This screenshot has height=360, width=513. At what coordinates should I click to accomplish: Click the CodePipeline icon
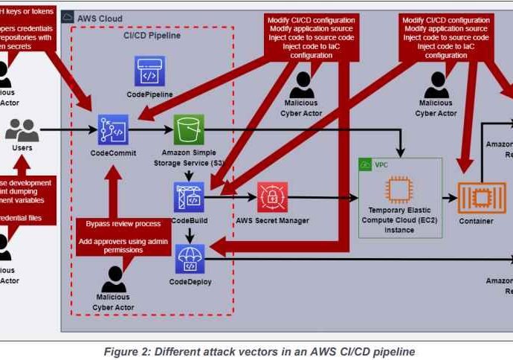150,72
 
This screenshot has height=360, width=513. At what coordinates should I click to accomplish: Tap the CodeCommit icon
114,130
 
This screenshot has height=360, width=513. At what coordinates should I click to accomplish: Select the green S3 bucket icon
188,130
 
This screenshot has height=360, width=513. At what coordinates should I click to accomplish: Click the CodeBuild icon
188,197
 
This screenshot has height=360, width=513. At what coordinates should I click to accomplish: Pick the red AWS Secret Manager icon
272,197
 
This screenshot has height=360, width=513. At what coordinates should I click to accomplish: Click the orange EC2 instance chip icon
400,191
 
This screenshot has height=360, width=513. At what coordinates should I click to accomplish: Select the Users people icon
22,130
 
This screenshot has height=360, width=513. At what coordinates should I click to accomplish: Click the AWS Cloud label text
100,18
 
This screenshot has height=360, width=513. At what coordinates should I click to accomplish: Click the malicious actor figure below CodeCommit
114,280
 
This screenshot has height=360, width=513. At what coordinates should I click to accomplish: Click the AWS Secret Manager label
271,221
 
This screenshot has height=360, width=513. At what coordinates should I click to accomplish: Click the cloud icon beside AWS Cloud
68,18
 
